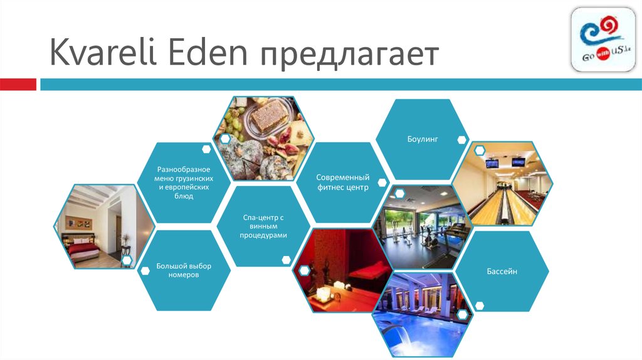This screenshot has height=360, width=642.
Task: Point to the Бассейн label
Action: tap(502, 272)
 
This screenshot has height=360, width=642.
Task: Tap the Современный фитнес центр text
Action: tap(342, 183)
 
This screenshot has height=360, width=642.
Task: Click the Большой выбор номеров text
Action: tap(184, 270)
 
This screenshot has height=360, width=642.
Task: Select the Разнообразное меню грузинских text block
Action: tap(184, 183)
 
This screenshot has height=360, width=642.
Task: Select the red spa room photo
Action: tap(335, 270)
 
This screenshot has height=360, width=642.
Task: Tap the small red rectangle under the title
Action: tap(18, 84)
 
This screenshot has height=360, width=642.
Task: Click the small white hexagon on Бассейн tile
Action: tap(480, 305)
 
